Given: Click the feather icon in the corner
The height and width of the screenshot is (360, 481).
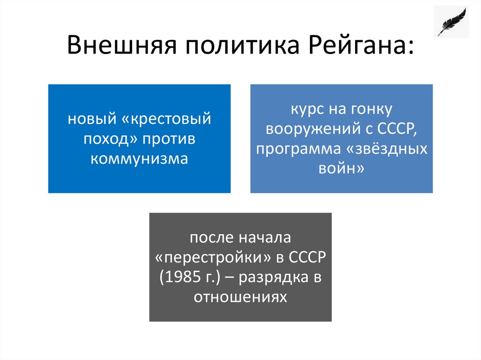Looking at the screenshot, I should pyautogui.click(x=451, y=22).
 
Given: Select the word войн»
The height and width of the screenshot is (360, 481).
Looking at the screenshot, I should pyautogui.click(x=341, y=168).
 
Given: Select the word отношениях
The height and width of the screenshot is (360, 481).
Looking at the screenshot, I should pyautogui.click(x=240, y=297).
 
